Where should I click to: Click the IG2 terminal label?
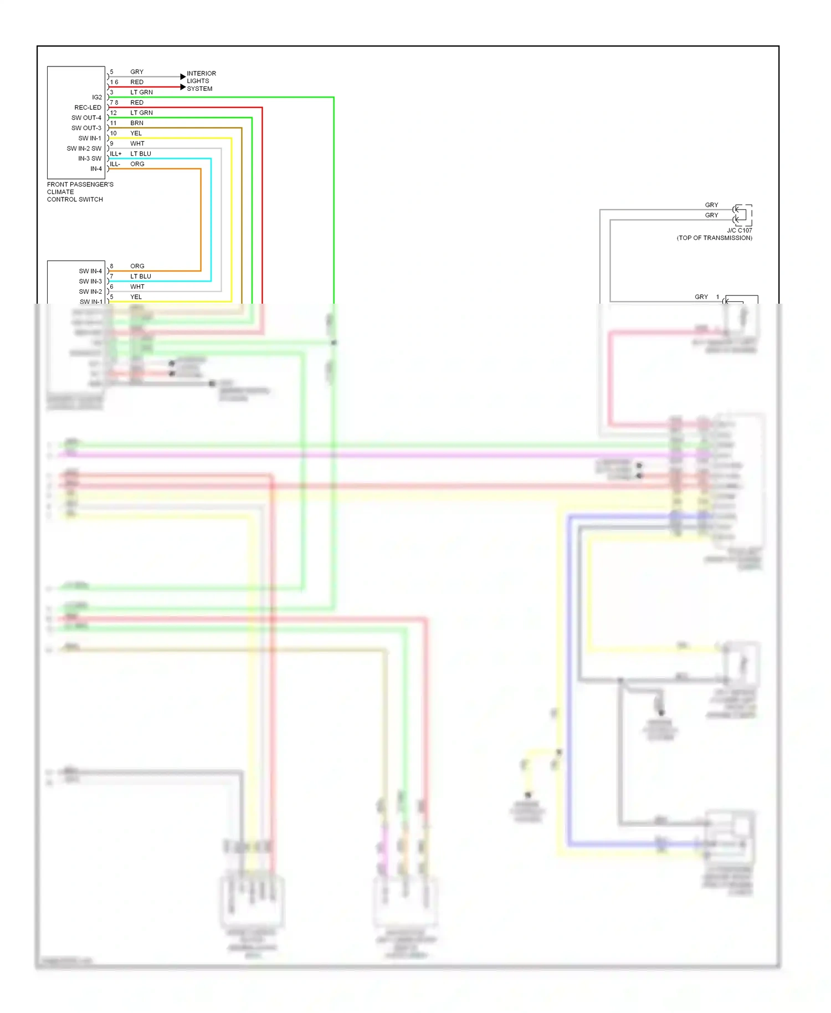pos(96,97)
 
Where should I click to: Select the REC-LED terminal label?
pos(88,108)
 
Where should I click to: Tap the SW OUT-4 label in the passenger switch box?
pos(86,117)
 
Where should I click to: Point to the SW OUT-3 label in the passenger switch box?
pos(86,128)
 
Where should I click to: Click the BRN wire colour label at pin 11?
pos(136,123)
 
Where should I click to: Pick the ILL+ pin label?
pos(115,154)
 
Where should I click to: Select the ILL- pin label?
pos(115,164)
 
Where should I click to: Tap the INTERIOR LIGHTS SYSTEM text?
pos(201,81)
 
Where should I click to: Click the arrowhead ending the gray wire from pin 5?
pos(183,76)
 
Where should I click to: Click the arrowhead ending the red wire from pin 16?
pos(183,87)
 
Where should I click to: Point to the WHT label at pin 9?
pos(137,144)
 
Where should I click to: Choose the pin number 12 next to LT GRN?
pos(113,112)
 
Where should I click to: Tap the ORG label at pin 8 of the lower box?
pos(137,266)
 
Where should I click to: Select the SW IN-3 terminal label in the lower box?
pos(90,281)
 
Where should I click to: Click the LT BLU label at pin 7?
pos(140,276)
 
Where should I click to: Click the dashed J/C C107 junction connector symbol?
pos(742,214)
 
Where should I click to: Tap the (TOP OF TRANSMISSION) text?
pos(714,238)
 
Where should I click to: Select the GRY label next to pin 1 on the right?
pos(701,297)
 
